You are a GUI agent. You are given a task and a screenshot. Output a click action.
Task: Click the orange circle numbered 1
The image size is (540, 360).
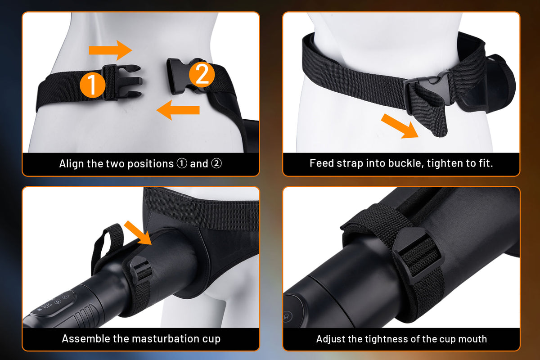(92, 85)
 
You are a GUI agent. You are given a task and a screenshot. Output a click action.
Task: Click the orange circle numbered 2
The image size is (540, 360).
(202, 75)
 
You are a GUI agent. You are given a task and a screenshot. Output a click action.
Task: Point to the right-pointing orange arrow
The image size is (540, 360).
(110, 50)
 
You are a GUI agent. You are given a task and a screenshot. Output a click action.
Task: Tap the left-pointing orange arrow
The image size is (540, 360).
(178, 110)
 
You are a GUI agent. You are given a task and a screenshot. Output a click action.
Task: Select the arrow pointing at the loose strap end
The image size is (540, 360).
(400, 126)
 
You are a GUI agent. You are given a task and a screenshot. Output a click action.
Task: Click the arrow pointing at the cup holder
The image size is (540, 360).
(138, 233)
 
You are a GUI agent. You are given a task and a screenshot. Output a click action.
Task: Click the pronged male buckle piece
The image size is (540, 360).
(122, 82)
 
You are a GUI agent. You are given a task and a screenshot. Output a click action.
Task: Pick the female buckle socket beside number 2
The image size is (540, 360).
(183, 76)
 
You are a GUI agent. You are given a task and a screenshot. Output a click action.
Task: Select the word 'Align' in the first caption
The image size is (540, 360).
(72, 164)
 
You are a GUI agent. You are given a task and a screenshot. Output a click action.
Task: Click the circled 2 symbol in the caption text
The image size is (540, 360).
(216, 163)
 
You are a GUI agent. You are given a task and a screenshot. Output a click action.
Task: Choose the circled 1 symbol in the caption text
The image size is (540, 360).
(182, 163)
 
